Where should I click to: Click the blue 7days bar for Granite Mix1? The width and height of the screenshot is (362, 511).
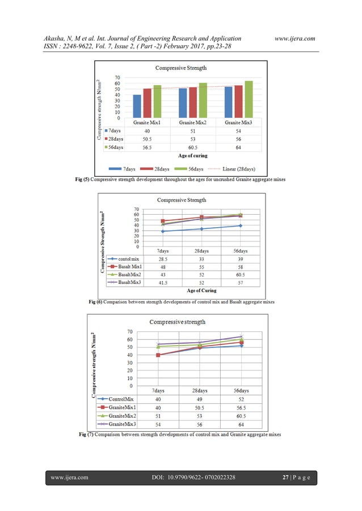click(x=137, y=107)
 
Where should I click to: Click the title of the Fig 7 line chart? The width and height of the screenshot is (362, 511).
click(x=177, y=322)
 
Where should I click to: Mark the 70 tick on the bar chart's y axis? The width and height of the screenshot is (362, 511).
click(x=117, y=77)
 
